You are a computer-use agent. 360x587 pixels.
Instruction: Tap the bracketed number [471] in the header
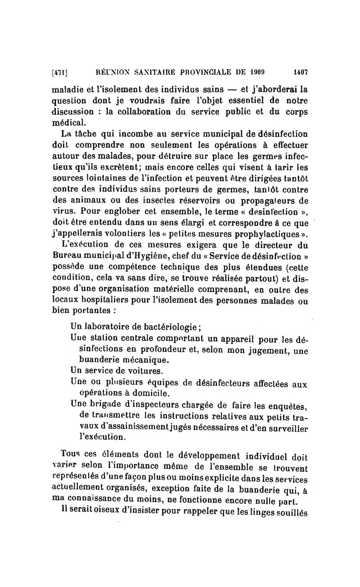coord(60,71)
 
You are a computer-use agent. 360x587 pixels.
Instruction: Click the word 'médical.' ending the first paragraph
coord(68,123)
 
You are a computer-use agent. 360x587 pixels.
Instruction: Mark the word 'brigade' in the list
coord(105,406)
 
